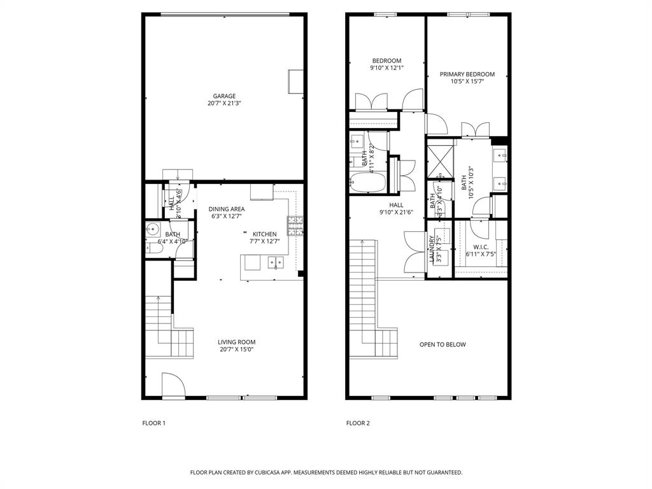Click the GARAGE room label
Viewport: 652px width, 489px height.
(224, 96)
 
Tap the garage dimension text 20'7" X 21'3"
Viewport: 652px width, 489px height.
(224, 103)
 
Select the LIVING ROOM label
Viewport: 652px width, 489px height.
(237, 342)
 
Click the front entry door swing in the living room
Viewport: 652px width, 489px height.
(172, 386)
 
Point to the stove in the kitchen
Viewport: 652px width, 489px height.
(295, 223)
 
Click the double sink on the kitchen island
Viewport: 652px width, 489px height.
(276, 261)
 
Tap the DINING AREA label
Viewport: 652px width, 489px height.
(226, 209)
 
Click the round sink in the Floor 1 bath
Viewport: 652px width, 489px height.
(152, 230)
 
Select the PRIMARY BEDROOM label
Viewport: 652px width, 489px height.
(467, 74)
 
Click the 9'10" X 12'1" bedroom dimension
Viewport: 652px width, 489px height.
(386, 67)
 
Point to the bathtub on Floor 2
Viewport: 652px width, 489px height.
(367, 183)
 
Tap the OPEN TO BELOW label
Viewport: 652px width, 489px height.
(443, 344)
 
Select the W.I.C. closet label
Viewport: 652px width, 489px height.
(481, 247)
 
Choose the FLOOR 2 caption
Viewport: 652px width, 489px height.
(358, 423)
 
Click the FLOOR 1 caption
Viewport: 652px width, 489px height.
(153, 423)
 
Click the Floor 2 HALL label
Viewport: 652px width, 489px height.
(396, 205)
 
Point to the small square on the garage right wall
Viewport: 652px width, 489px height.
(295, 81)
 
